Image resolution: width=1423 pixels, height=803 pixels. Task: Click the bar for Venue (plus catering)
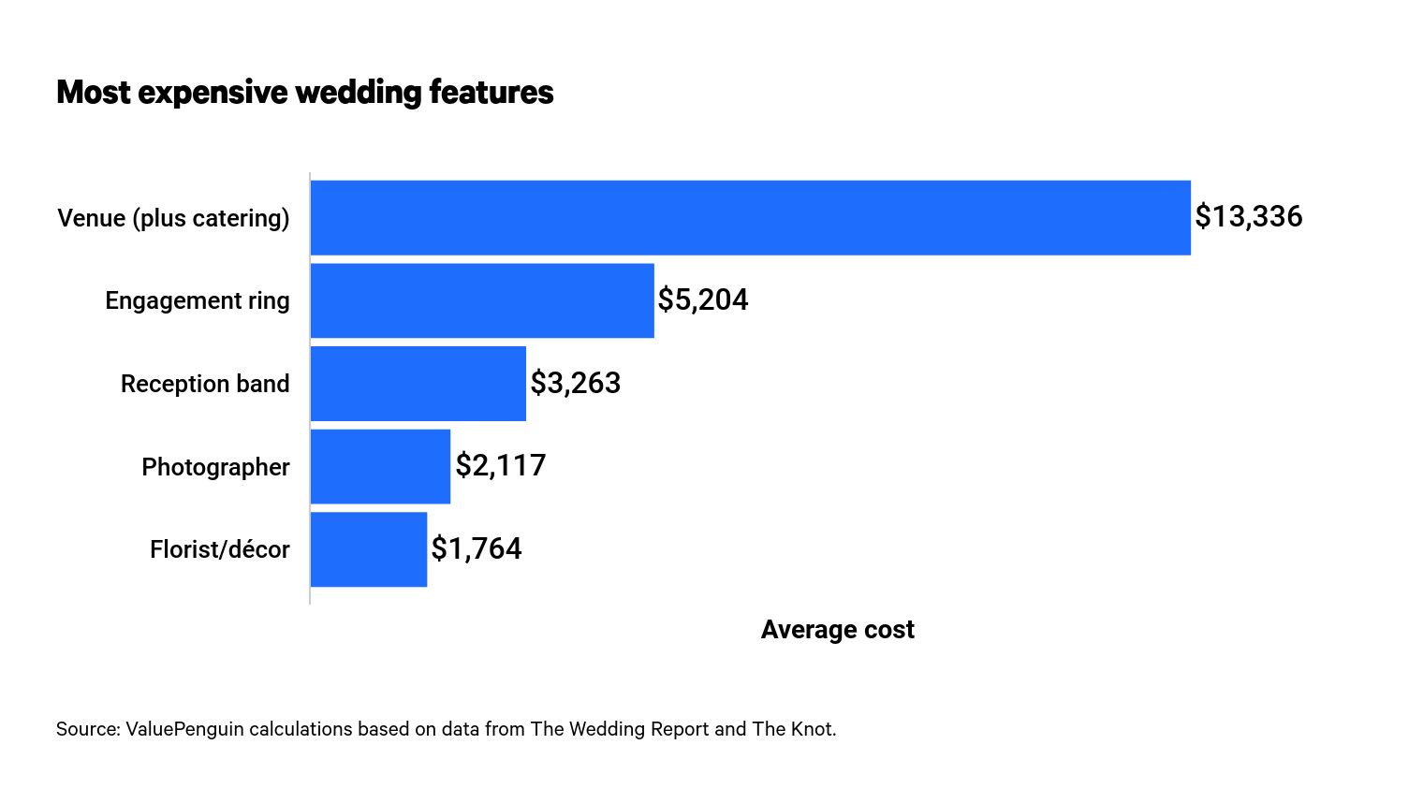click(x=750, y=217)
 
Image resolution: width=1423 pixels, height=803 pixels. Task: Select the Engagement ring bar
click(x=482, y=300)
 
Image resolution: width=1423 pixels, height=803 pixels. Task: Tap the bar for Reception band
click(x=418, y=384)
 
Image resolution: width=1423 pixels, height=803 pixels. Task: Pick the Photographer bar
click(x=380, y=466)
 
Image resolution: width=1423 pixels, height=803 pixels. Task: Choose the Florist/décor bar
click(x=368, y=549)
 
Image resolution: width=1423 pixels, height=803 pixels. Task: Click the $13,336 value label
click(x=1248, y=217)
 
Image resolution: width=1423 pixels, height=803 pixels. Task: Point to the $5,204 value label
click(x=702, y=300)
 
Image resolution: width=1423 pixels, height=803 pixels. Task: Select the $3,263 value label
click(x=575, y=384)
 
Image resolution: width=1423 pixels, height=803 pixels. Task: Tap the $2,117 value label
click(x=500, y=466)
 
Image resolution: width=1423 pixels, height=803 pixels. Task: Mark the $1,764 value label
click(x=476, y=549)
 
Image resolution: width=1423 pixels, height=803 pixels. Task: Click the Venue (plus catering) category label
click(x=173, y=218)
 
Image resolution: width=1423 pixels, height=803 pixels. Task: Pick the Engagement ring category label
click(x=197, y=301)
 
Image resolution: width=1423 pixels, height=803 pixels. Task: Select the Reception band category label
click(x=205, y=385)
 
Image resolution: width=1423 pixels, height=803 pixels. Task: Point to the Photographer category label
click(x=215, y=467)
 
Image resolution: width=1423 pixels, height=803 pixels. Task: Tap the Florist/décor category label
click(x=219, y=549)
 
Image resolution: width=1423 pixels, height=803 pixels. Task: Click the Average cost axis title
click(x=837, y=630)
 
